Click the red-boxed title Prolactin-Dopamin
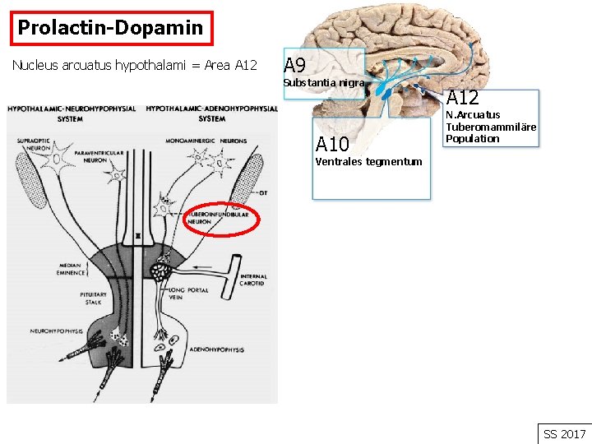(110, 28)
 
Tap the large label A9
(295, 66)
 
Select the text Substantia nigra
(323, 83)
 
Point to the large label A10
(333, 145)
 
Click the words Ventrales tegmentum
(368, 161)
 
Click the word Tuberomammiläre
(491, 127)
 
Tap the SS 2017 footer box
(565, 433)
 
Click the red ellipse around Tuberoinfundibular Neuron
(221, 218)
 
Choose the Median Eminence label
(72, 270)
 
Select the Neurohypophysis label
(58, 331)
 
